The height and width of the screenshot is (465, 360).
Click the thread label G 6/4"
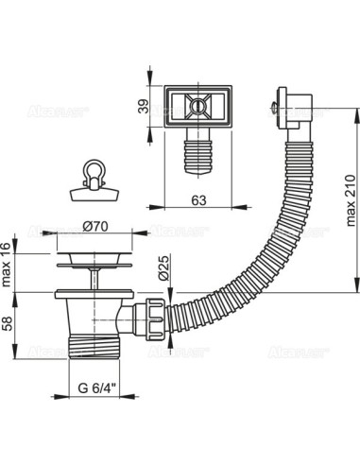[98, 387]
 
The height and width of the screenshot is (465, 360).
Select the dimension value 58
[9, 324]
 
